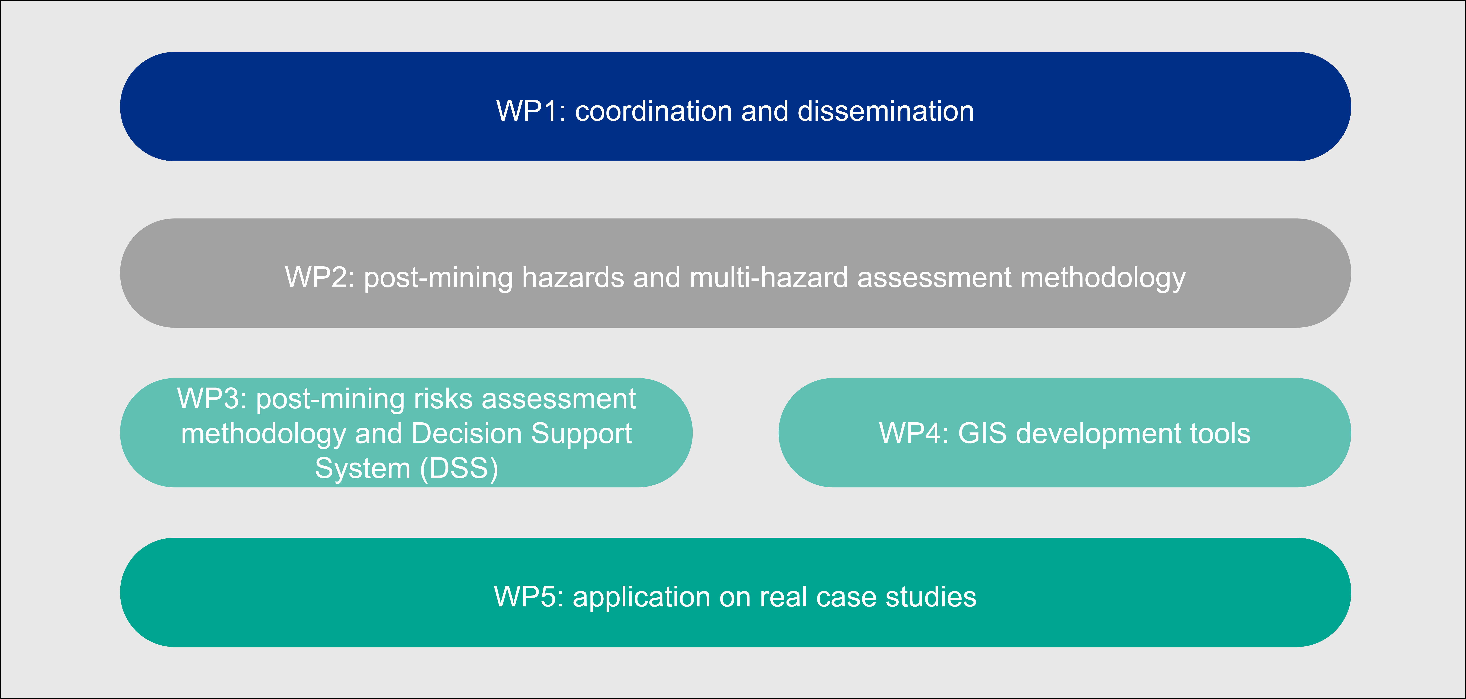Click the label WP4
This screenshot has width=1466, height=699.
click(x=913, y=434)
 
